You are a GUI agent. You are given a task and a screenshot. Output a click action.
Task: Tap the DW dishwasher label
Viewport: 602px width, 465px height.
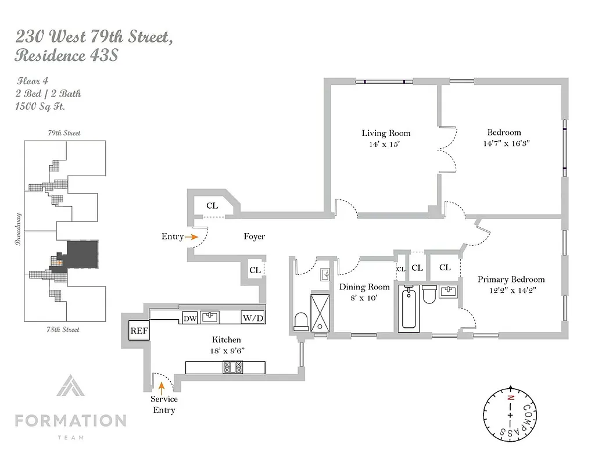tap(189, 319)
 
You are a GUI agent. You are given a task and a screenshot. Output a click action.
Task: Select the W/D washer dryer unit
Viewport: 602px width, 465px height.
tap(253, 319)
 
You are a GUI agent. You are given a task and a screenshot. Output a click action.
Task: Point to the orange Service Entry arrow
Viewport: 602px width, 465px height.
tap(162, 385)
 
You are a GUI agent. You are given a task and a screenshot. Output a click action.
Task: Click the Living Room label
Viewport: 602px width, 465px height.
tap(386, 133)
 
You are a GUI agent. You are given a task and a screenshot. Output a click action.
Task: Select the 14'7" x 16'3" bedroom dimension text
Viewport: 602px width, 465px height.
tap(504, 143)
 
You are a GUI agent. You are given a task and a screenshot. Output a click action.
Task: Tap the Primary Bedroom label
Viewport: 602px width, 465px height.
tap(511, 280)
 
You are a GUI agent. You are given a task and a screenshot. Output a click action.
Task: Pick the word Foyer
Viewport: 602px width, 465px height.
tap(254, 237)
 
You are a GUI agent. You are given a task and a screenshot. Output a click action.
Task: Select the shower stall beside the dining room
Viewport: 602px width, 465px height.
tap(320, 313)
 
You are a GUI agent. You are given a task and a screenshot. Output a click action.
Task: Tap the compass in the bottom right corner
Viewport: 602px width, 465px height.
tap(510, 415)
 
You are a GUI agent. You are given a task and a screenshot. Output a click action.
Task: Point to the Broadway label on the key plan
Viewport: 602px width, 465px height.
tap(18, 228)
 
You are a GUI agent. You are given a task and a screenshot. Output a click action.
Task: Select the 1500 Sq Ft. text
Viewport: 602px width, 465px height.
tap(40, 106)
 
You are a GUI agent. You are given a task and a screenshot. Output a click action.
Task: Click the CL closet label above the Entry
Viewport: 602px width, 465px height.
tap(212, 206)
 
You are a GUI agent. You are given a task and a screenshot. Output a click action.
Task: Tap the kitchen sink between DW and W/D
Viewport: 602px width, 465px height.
tap(210, 317)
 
